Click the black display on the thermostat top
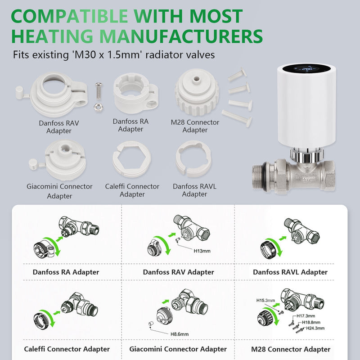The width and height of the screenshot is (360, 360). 307,68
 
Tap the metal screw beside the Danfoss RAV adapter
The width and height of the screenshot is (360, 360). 99,91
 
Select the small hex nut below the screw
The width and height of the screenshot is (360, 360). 99,107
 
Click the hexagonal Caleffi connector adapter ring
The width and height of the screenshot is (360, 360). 132,159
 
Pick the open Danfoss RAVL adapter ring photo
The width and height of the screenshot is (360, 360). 193,159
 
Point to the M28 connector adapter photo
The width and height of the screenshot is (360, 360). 197,92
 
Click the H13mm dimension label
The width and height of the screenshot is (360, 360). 202,251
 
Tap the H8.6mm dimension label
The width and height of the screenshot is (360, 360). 179,334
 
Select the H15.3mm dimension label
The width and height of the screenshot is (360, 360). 265,300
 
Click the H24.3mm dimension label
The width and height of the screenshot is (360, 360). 315,328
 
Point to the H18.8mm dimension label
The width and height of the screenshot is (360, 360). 311,322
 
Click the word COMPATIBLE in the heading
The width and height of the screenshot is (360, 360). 69,16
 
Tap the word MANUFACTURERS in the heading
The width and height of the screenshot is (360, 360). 181,36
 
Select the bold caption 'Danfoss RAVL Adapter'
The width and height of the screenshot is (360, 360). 290,272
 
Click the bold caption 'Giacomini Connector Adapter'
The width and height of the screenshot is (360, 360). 178,349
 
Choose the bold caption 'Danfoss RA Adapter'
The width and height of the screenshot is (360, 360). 66,272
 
